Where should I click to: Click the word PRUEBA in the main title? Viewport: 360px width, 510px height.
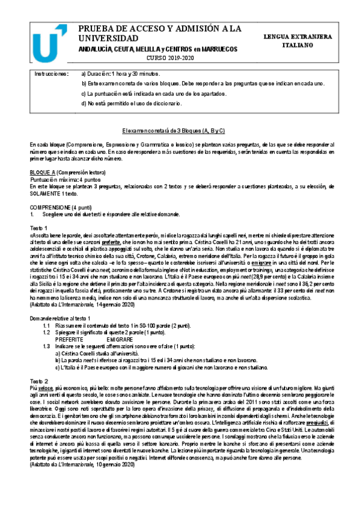99,28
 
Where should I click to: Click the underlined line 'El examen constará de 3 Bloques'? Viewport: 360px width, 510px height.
180,129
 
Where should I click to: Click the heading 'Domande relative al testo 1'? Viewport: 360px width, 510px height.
60,318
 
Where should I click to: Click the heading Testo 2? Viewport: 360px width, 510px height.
38,382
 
